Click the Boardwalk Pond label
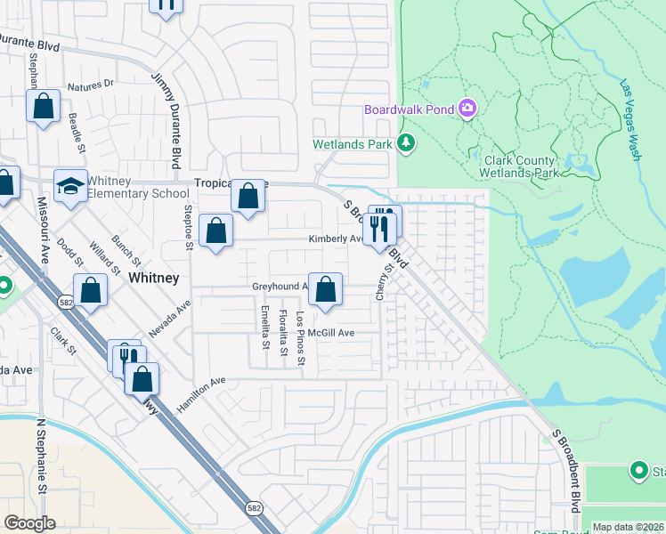click(x=410, y=110)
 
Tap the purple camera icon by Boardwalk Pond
click(x=467, y=109)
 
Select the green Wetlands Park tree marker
click(x=406, y=142)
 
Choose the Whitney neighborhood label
click(x=154, y=278)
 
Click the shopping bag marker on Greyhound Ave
click(x=326, y=289)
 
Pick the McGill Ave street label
click(x=331, y=333)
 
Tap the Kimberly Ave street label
click(x=335, y=239)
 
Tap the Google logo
click(x=29, y=523)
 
